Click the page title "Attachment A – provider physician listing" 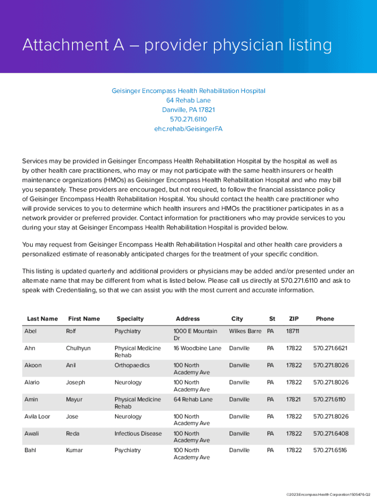tap(177, 46)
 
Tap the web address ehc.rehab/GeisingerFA tap(188, 129)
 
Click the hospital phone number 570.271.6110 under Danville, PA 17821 tap(188, 119)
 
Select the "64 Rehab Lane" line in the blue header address tap(188, 100)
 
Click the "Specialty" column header tap(130, 319)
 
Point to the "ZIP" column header tap(294, 319)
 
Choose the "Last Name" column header tap(43, 319)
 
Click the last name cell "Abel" tap(30, 331)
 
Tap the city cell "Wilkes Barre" tap(245, 331)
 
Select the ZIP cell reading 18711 tap(293, 331)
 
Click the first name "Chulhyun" tap(79, 348)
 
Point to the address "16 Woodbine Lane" tap(197, 348)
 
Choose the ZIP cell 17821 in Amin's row tap(294, 400)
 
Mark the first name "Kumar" tap(74, 450)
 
